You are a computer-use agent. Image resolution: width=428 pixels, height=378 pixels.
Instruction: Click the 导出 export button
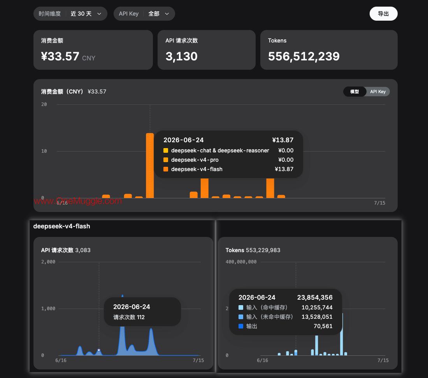click(x=383, y=14)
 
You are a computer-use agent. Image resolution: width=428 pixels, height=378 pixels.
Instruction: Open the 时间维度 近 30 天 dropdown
click(x=70, y=14)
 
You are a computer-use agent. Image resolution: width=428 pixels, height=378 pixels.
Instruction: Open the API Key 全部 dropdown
click(x=144, y=14)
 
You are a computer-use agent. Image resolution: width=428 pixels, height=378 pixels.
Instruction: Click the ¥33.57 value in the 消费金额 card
click(x=60, y=56)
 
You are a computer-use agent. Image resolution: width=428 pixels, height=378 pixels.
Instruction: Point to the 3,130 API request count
click(x=182, y=56)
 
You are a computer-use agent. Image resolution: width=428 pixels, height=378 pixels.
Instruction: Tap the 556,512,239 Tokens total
click(x=304, y=56)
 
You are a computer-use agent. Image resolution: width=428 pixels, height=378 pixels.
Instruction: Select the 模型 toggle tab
click(x=354, y=92)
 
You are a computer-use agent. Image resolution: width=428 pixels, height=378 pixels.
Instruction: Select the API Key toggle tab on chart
click(x=378, y=92)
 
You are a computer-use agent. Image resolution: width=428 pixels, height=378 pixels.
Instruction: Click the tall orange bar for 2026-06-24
click(x=150, y=165)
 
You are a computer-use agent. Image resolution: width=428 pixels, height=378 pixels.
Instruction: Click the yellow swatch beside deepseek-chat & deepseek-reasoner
click(x=166, y=150)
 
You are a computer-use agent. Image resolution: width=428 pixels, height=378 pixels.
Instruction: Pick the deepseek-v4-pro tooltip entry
click(x=195, y=160)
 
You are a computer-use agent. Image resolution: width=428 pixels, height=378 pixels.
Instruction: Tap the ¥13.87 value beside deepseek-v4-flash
click(x=284, y=169)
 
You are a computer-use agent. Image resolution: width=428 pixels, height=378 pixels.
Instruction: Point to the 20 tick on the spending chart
click(x=44, y=104)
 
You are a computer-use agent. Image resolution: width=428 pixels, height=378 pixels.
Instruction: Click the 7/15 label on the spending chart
click(x=380, y=203)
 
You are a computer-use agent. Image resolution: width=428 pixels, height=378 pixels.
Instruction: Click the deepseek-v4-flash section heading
click(x=62, y=226)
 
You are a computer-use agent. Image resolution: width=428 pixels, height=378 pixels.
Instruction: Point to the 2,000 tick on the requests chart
click(x=48, y=262)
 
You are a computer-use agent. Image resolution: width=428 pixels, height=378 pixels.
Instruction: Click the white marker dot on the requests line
click(x=99, y=350)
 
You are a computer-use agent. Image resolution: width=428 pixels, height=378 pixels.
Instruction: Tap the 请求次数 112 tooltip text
click(x=129, y=317)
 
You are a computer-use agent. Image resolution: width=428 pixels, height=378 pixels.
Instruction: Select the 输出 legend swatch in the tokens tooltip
click(x=241, y=326)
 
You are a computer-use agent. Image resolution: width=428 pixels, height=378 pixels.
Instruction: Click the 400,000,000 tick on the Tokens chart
click(x=241, y=262)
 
